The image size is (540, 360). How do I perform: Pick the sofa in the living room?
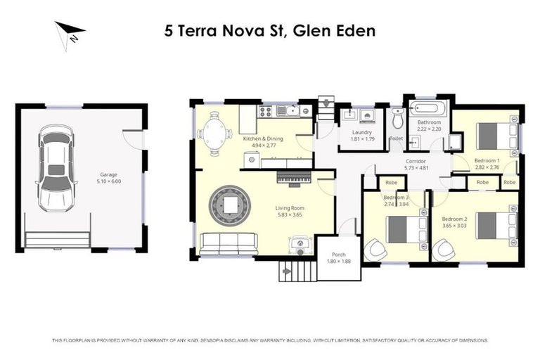[x=229, y=243]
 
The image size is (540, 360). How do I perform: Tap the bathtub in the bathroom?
[x=427, y=110]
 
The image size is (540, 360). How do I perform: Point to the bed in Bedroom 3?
[x=400, y=228]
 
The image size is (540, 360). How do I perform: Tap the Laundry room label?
[x=361, y=131]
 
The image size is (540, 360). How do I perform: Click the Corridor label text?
[x=416, y=161]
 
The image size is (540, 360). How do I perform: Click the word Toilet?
[x=396, y=139]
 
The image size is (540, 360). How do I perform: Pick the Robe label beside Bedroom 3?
[x=390, y=183]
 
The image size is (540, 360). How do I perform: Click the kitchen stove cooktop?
[x=266, y=110]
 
